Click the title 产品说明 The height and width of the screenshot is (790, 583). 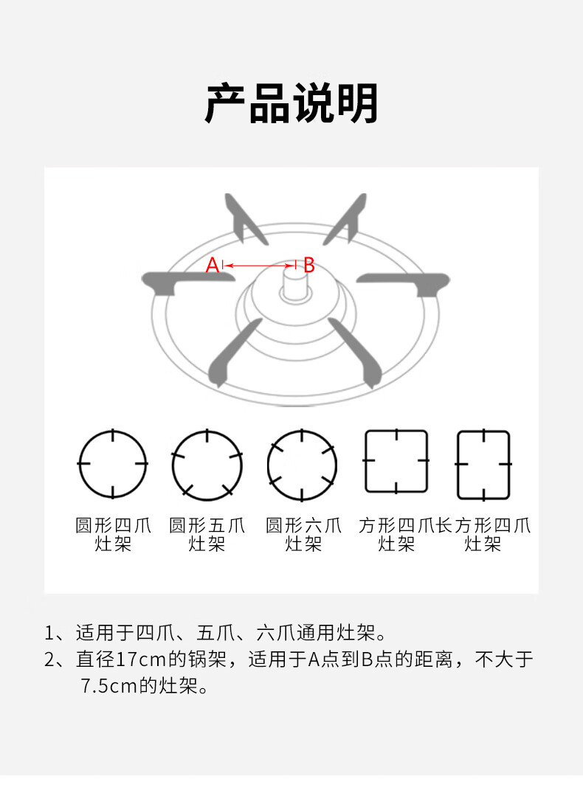pyautogui.click(x=291, y=104)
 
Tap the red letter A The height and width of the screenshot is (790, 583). pyautogui.click(x=213, y=265)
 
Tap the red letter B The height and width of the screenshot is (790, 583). pyautogui.click(x=309, y=265)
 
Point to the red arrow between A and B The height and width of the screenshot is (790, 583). pyautogui.click(x=258, y=265)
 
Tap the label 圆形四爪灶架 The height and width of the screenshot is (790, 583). pyautogui.click(x=113, y=535)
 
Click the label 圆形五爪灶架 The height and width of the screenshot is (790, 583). pyautogui.click(x=207, y=535)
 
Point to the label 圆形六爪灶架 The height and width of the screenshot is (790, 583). pyautogui.click(x=303, y=535)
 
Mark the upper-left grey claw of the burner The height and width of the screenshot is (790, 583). pyautogui.click(x=246, y=218)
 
